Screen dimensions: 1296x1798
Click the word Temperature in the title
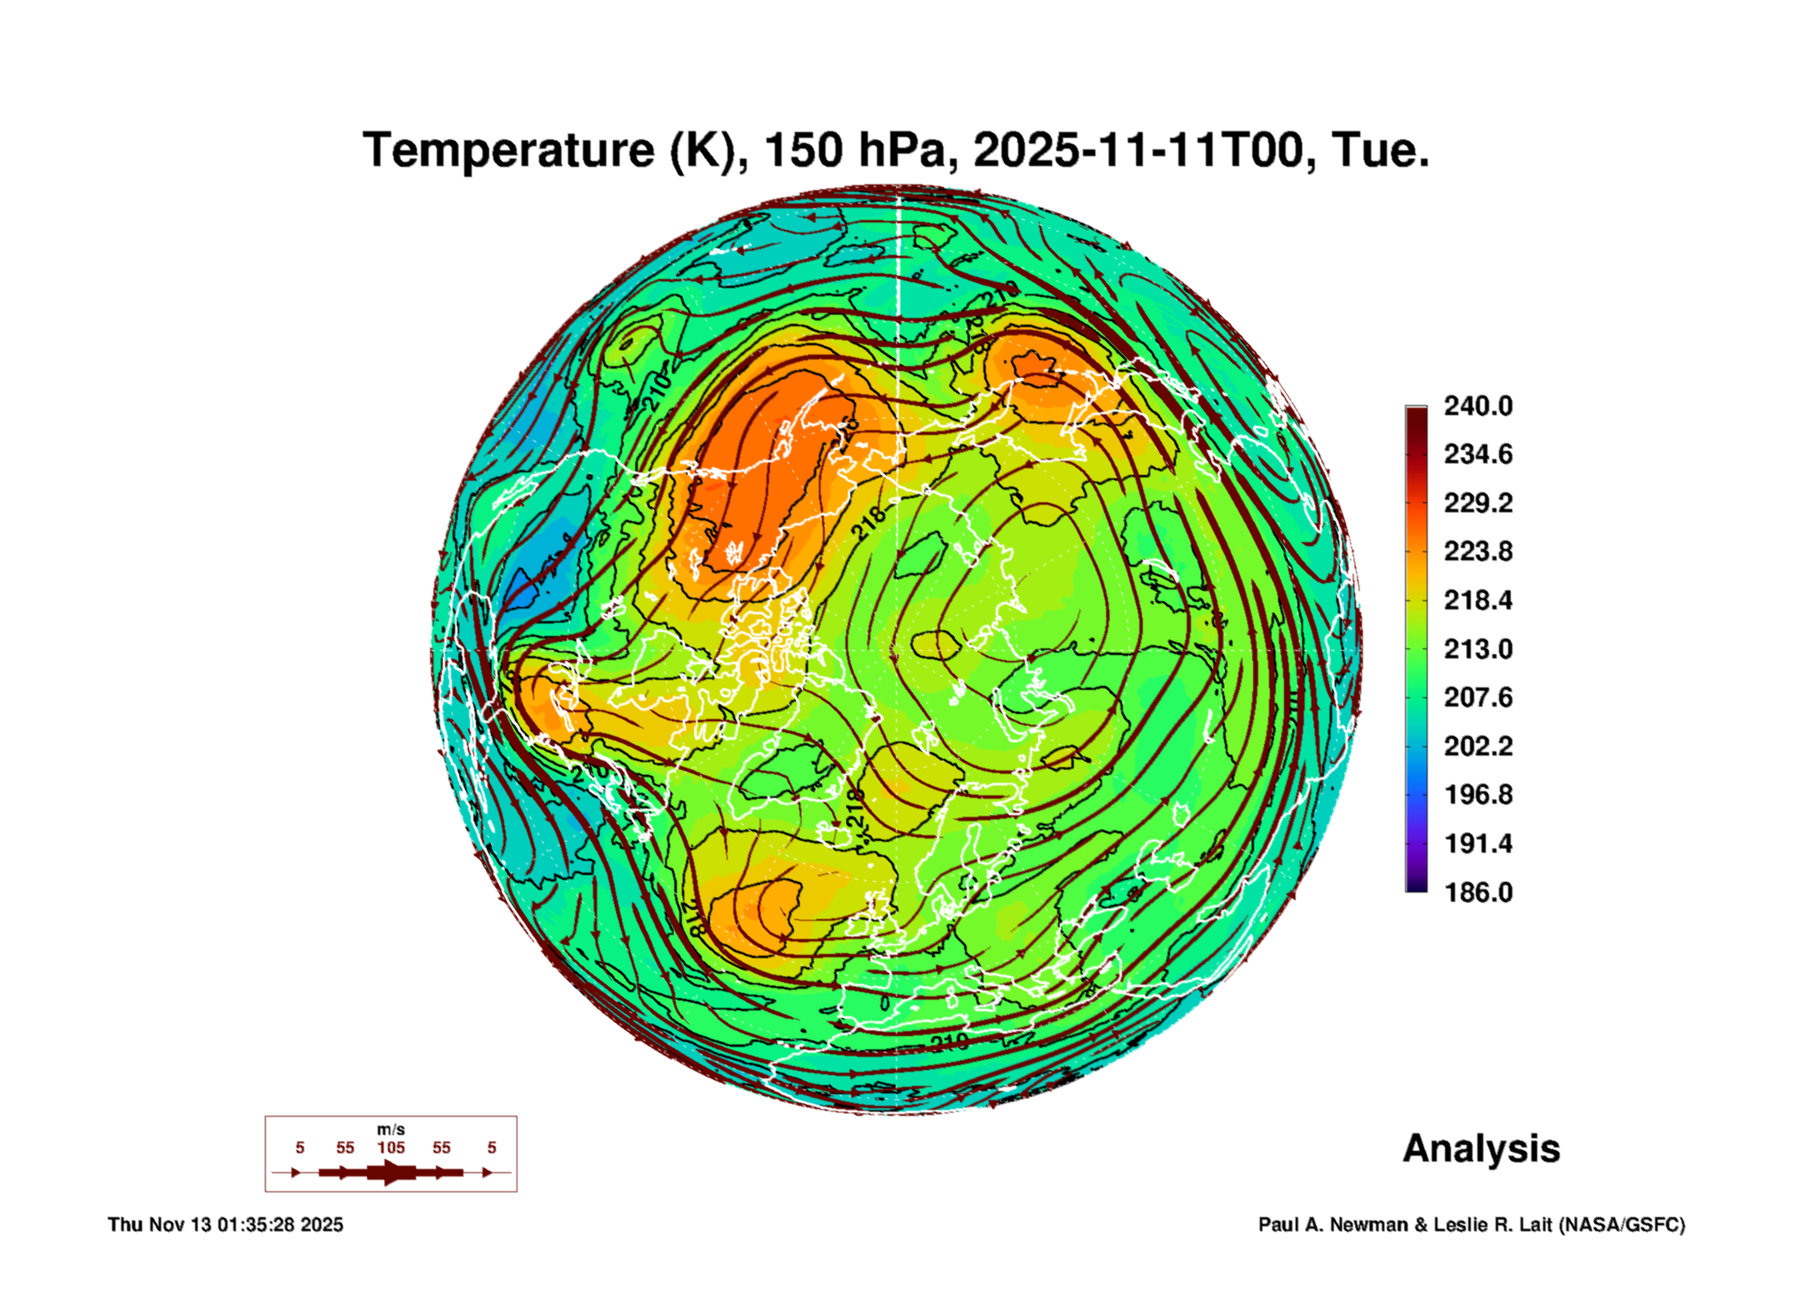pos(509,150)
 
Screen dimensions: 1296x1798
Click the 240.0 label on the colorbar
pos(1477,406)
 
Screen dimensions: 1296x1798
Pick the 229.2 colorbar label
pos(1477,503)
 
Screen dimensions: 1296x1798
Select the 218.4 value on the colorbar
pos(1477,600)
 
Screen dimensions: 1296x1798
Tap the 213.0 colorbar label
pos(1477,648)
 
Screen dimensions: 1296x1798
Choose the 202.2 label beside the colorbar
pos(1477,746)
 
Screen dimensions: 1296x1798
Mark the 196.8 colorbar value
pos(1477,795)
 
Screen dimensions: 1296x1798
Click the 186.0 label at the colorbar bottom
pos(1477,893)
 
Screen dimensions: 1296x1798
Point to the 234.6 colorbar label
pos(1477,454)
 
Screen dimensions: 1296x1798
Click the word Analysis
pos(1481,1148)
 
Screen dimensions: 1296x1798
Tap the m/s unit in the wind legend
pos(390,1129)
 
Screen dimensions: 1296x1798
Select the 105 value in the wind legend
pos(390,1147)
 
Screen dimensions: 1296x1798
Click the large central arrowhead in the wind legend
pos(391,1172)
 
